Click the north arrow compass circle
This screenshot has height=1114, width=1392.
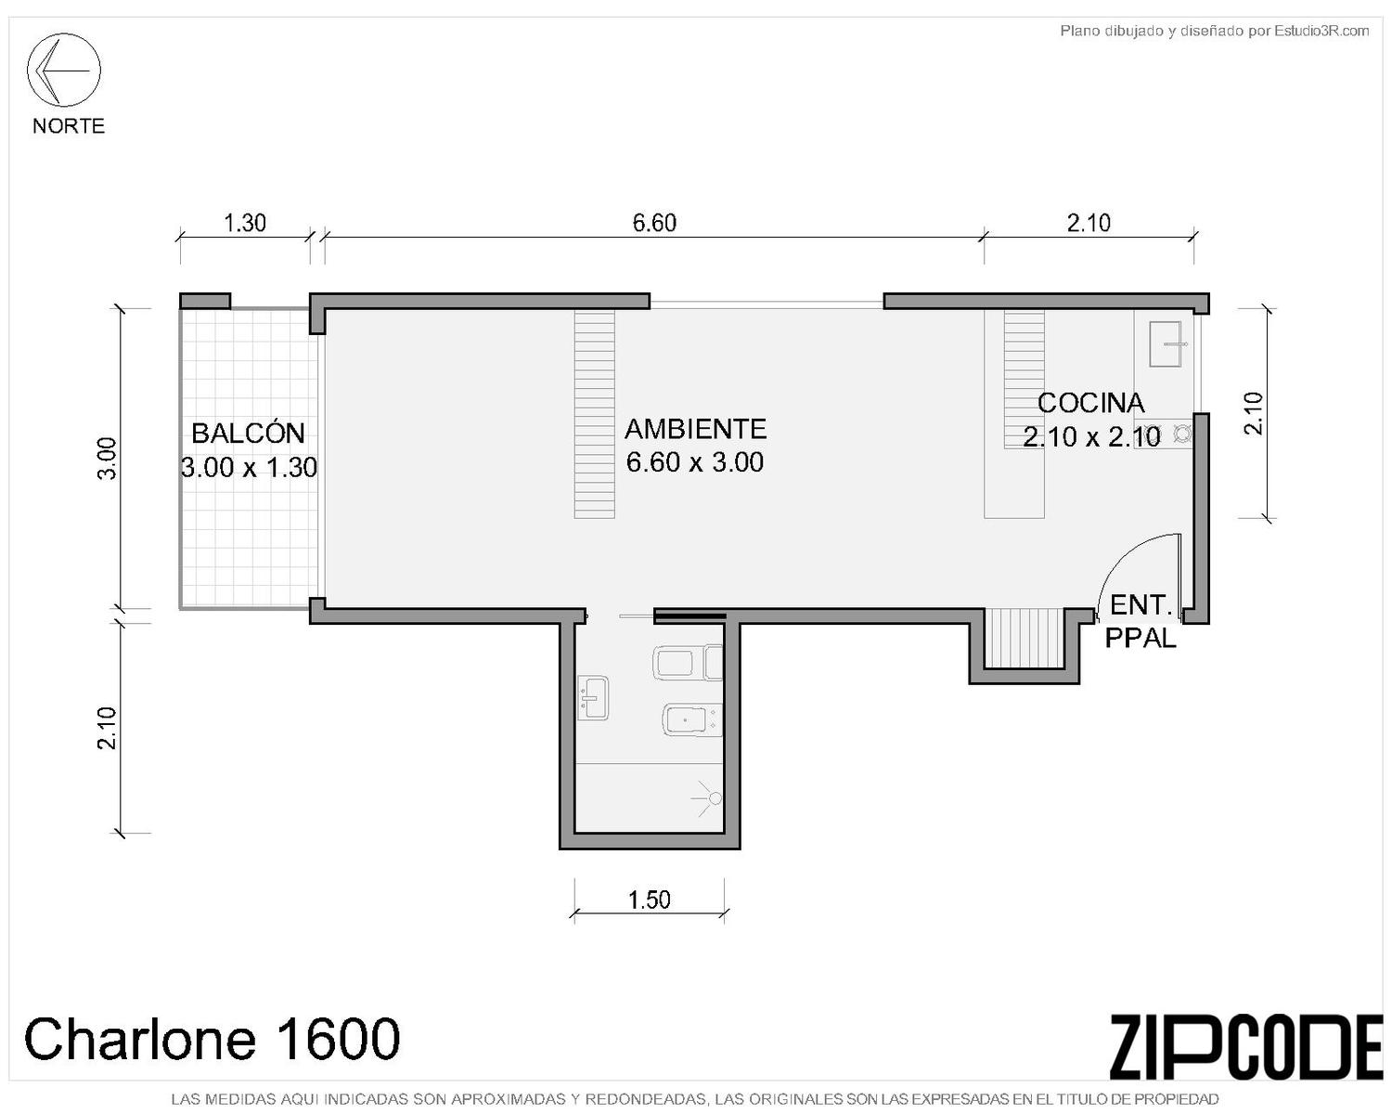pos(64,33)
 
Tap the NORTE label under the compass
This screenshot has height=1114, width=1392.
pos(69,126)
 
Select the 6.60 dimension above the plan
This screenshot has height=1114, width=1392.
pos(654,224)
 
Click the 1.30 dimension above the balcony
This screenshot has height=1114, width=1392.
pos(245,224)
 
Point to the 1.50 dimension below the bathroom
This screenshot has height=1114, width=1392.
pos(649,900)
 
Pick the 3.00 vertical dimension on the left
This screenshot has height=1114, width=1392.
pos(108,459)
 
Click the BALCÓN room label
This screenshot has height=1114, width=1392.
pos(249,433)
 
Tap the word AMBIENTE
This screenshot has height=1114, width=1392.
pos(695,429)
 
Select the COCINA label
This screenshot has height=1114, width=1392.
pos(1090,403)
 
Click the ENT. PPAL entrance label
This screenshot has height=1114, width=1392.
pos(1141,622)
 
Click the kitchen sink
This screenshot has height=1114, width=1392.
pos(1169,344)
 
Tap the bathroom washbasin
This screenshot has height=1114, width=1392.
pos(593,698)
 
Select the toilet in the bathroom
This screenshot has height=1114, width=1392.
pos(687,662)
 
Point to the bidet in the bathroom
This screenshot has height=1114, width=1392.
pos(691,719)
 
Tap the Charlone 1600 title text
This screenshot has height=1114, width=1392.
pos(213,1038)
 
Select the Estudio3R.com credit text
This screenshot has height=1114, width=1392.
pos(1321,31)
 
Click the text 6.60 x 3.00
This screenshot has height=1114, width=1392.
pos(695,462)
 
